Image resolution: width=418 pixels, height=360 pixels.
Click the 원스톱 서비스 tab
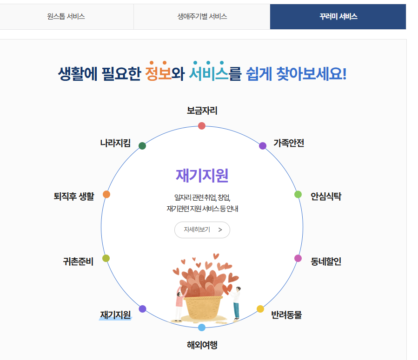66,17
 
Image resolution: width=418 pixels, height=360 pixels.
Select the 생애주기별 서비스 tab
202,17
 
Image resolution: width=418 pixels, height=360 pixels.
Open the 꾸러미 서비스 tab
338,17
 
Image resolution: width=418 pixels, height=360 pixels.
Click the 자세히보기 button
202,229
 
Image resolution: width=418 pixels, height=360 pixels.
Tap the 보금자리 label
202,111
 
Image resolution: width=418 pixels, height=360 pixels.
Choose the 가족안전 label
288,143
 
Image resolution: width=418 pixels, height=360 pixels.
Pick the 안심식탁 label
326,196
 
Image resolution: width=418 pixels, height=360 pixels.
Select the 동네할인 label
326,262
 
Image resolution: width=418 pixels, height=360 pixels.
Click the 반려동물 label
286,315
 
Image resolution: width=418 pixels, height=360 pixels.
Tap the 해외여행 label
202,345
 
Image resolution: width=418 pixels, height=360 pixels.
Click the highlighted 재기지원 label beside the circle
115,315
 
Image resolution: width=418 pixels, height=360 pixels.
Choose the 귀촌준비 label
78,262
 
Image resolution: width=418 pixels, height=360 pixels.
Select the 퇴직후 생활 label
74,196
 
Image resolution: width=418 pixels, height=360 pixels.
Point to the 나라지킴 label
115,143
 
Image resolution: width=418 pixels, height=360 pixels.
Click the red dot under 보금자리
202,126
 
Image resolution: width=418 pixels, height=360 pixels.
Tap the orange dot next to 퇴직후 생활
106,194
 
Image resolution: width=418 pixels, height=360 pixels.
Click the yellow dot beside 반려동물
260,309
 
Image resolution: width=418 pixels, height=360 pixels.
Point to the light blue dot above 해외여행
202,327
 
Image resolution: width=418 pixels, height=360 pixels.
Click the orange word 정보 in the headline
158,74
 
